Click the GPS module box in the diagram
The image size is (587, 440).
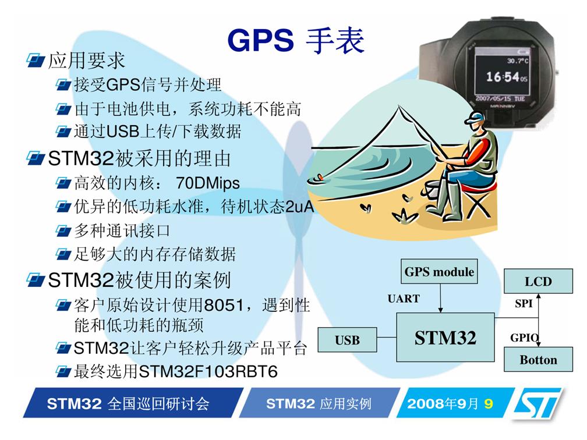pos(439,271)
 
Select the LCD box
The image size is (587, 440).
pos(538,281)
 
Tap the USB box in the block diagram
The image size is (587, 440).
pos(347,340)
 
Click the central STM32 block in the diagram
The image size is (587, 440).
pos(445,337)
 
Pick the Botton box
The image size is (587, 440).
pos(538,359)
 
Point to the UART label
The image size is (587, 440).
pos(404,299)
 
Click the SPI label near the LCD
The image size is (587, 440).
pos(524,303)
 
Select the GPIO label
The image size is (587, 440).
pos(525,338)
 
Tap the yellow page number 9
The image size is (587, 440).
pos(488,403)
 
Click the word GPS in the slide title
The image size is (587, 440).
pos(260,40)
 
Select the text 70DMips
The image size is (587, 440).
pos(208,183)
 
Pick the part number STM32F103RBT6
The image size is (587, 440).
pos(208,371)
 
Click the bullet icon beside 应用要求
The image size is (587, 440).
pos(36,61)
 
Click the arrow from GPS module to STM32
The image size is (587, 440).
pos(440,298)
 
